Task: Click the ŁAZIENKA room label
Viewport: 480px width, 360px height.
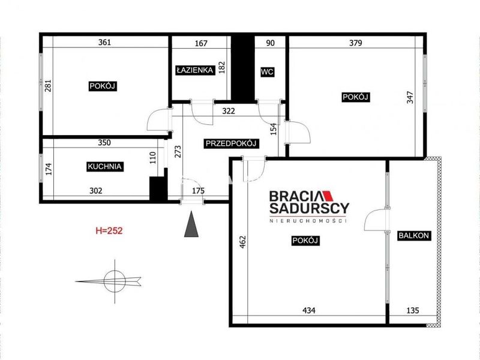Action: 195,70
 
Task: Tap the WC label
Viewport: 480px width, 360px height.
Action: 267,72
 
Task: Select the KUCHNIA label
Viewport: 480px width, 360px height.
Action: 104,167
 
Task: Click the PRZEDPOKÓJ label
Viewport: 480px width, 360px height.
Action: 232,143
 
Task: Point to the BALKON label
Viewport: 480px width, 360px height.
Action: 414,236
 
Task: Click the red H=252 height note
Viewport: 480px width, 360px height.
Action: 109,230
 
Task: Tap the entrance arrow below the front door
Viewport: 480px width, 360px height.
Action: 191,224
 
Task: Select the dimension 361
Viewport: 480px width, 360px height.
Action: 104,43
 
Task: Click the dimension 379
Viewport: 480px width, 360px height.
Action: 356,43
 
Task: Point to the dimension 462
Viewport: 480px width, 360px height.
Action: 242,242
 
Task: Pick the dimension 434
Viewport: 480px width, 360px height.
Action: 309,311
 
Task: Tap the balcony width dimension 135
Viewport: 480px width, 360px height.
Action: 413,311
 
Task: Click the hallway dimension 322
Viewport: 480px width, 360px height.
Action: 229,111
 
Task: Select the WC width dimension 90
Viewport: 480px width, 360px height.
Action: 271,43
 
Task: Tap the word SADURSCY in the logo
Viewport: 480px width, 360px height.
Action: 309,208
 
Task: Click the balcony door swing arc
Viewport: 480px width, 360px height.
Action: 371,215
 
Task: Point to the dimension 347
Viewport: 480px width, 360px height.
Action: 410,97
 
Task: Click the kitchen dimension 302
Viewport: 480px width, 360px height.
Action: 96,191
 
